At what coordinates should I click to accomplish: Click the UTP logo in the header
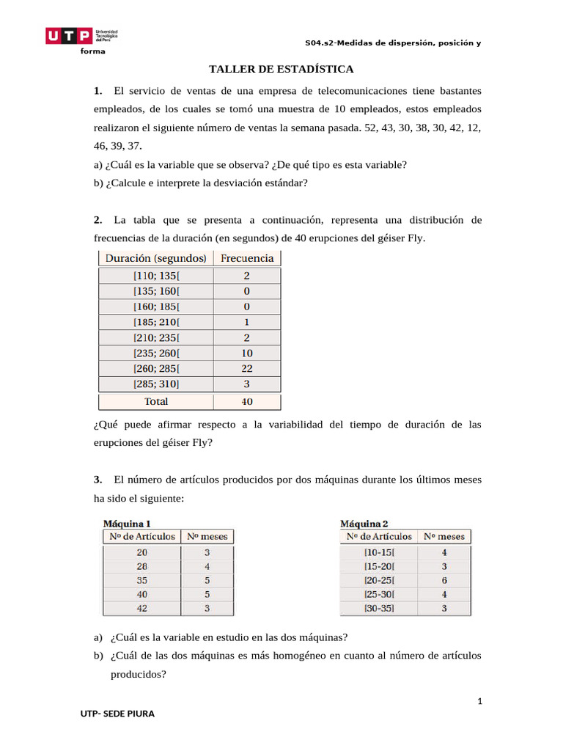pyautogui.click(x=81, y=36)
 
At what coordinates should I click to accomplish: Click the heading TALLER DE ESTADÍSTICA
pyautogui.click(x=281, y=70)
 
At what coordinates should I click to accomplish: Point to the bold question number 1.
pyautogui.click(x=97, y=91)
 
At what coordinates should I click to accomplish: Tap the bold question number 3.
pyautogui.click(x=97, y=480)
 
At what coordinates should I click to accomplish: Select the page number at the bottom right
pyautogui.click(x=479, y=702)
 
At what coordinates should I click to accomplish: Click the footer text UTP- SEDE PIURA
pyautogui.click(x=117, y=714)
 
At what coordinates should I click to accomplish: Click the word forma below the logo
pyautogui.click(x=92, y=51)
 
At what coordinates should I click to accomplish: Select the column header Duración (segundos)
pyautogui.click(x=156, y=258)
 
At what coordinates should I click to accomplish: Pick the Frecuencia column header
pyautogui.click(x=247, y=258)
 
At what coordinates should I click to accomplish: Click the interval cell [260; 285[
pyautogui.click(x=156, y=369)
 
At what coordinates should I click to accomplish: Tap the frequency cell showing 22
pyautogui.click(x=247, y=369)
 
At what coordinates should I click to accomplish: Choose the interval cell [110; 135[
pyautogui.click(x=156, y=276)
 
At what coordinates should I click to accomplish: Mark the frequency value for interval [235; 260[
pyautogui.click(x=247, y=353)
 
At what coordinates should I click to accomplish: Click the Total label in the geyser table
pyautogui.click(x=156, y=401)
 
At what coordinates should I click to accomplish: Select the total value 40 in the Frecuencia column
pyautogui.click(x=247, y=401)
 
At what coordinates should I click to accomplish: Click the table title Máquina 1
pyautogui.click(x=127, y=524)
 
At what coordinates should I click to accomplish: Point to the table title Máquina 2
pyautogui.click(x=364, y=524)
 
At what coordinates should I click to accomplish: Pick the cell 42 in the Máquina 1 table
pyautogui.click(x=141, y=608)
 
